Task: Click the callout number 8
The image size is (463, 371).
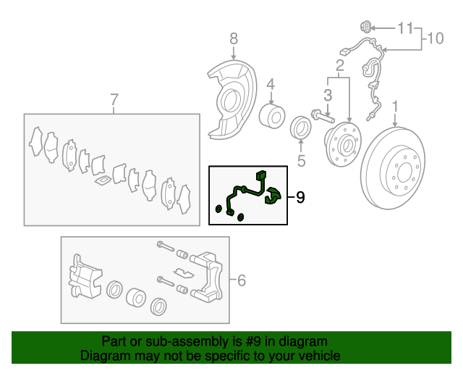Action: tap(234, 38)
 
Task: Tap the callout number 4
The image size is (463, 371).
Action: tap(271, 85)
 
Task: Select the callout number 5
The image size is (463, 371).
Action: tap(301, 161)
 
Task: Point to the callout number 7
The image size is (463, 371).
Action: tap(114, 99)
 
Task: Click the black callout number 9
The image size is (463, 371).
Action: tap(300, 197)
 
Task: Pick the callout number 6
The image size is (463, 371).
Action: tap(242, 280)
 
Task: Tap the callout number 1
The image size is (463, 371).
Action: tap(395, 107)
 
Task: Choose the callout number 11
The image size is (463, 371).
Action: tap(405, 28)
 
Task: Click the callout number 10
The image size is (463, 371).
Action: tap(436, 38)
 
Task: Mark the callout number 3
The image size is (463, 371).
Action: tap(328, 95)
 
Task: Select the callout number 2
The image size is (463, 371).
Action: tap(340, 65)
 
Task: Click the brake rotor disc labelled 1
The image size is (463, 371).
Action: tap(393, 169)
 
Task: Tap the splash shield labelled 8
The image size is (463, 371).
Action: tap(231, 100)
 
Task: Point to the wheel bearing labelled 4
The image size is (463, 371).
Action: tap(272, 116)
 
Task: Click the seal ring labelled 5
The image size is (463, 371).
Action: tap(301, 128)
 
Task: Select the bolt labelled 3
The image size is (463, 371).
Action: tap(322, 116)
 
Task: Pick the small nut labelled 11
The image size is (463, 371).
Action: tap(366, 27)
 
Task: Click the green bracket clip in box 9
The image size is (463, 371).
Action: tap(273, 196)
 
